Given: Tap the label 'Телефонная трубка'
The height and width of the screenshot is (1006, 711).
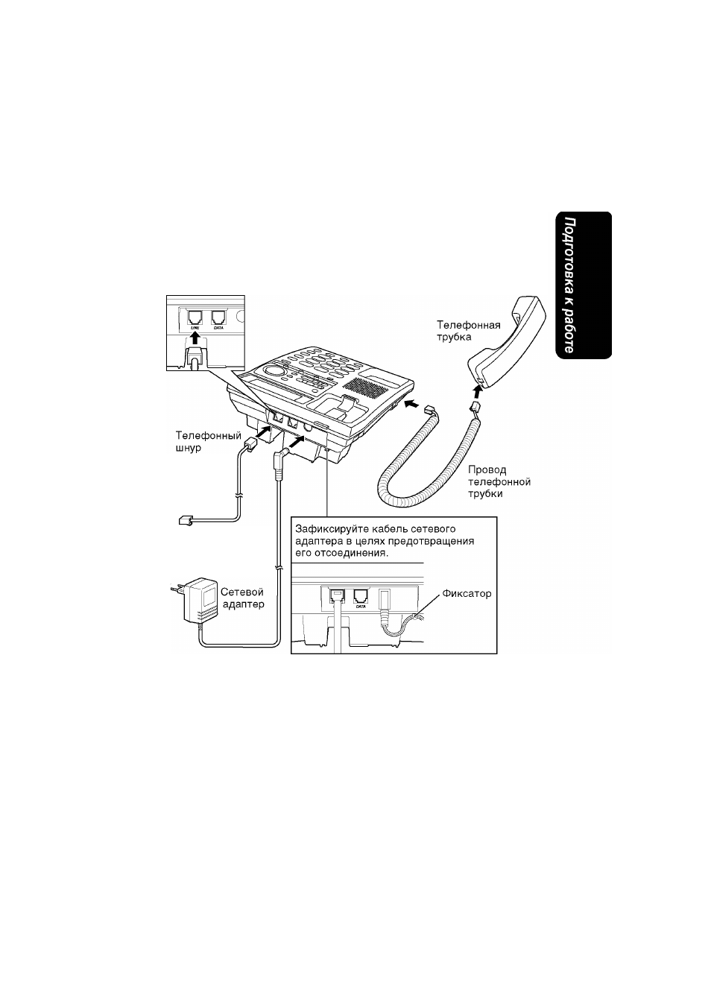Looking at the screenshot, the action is (469, 331).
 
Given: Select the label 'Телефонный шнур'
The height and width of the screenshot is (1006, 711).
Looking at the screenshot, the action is (208, 441).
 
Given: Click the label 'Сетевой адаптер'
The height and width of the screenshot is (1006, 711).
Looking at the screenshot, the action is (242, 598).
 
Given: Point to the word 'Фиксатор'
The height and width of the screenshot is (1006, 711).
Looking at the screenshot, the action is (467, 593).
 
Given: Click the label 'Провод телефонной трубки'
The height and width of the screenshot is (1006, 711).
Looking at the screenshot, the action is (499, 481).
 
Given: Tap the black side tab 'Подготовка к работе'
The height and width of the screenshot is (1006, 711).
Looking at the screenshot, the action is (584, 285).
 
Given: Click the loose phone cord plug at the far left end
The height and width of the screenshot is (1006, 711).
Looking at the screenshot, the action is (186, 521).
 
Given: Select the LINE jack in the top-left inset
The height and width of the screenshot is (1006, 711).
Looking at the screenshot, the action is (195, 317).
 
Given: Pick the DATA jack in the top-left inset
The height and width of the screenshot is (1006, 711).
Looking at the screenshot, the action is (218, 317).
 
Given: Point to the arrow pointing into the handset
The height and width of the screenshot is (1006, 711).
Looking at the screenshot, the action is (478, 394).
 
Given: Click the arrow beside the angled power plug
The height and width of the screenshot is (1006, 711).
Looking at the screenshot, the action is (297, 442).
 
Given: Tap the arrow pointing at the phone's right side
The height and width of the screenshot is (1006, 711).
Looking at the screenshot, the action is (413, 404).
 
